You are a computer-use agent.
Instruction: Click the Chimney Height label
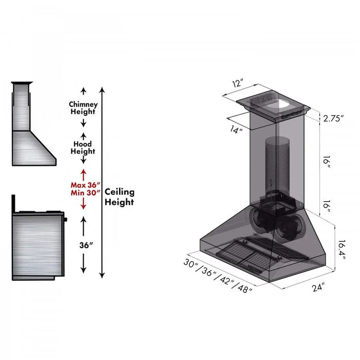(x=83, y=107)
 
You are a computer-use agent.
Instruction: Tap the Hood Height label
(x=83, y=148)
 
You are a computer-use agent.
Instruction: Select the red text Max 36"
(x=85, y=185)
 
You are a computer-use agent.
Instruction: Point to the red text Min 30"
(x=85, y=193)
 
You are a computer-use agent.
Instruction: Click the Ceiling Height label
(x=119, y=196)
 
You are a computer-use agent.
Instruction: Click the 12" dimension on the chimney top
(x=237, y=83)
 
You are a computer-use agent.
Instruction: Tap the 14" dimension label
(x=236, y=130)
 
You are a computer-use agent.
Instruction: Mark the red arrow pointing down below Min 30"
(x=83, y=204)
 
